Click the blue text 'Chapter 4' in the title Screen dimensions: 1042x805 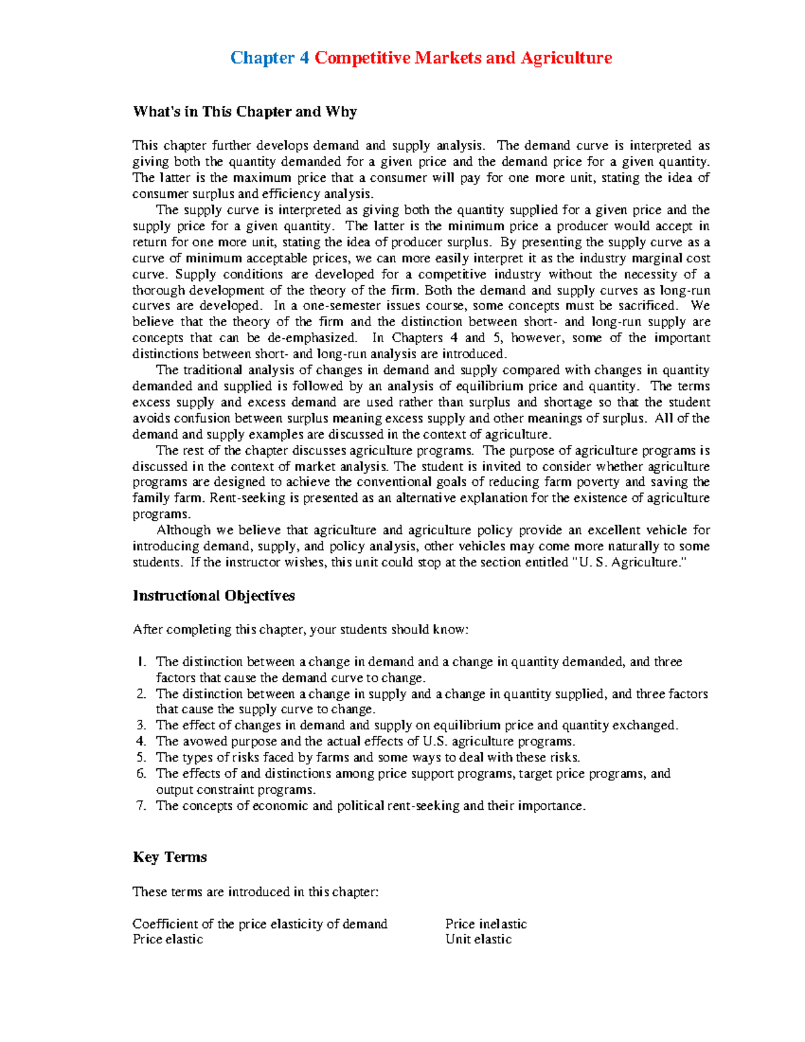[269, 58]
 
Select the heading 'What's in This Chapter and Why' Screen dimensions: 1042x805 [244, 111]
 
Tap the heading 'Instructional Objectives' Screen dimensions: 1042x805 [213, 596]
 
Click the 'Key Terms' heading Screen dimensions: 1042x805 [170, 857]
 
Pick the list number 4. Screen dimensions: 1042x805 [141, 741]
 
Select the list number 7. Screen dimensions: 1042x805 [141, 806]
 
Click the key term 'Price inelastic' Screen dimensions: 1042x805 [486, 924]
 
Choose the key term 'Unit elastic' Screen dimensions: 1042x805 [478, 939]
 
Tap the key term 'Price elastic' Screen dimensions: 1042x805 [168, 939]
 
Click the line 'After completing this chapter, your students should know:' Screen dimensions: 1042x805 [301, 629]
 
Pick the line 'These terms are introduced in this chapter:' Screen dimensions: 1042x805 [255, 892]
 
